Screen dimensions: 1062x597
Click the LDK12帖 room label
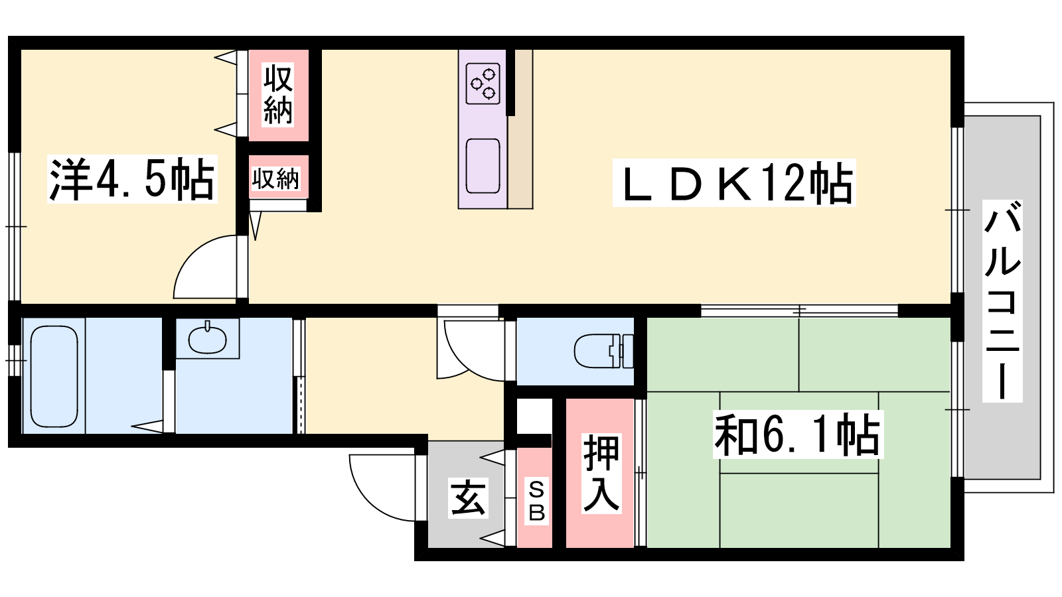pyautogui.click(x=734, y=183)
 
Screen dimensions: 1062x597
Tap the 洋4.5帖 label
pyautogui.click(x=132, y=179)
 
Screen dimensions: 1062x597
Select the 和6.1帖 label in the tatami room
pyautogui.click(x=798, y=434)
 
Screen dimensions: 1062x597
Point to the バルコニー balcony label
pyautogui.click(x=1002, y=301)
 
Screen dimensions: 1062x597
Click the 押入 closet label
pyautogui.click(x=601, y=474)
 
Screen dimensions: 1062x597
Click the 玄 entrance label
pyautogui.click(x=468, y=497)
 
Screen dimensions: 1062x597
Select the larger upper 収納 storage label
pyautogui.click(x=278, y=95)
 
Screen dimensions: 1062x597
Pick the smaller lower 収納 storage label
pyautogui.click(x=275, y=178)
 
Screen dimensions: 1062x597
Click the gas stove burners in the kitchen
pyautogui.click(x=483, y=84)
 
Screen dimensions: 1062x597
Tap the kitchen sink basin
pyautogui.click(x=483, y=166)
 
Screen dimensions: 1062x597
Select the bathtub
pyautogui.click(x=54, y=376)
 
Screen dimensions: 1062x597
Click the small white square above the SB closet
pyautogui.click(x=534, y=416)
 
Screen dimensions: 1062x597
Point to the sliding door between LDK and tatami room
pyautogui.click(x=799, y=311)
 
